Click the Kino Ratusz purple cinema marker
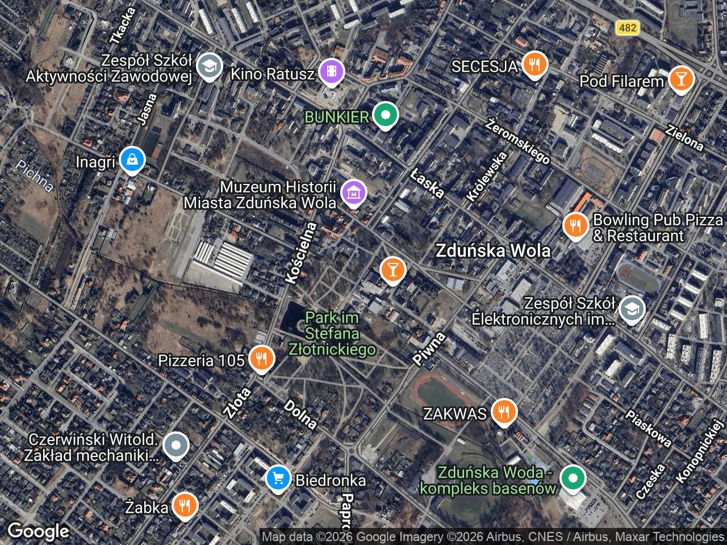pyautogui.click(x=331, y=72)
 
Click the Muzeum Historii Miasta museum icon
pyautogui.click(x=354, y=194)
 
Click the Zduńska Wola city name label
pyautogui.click(x=492, y=251)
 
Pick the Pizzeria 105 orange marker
pyautogui.click(x=261, y=358)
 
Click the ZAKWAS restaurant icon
pyautogui.click(x=503, y=412)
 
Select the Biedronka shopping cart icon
pyautogui.click(x=278, y=479)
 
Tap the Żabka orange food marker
pyautogui.click(x=184, y=505)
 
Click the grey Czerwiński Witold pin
pyautogui.click(x=176, y=446)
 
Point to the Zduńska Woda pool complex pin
pyautogui.click(x=573, y=478)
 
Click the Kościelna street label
pyautogui.click(x=301, y=253)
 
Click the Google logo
pyautogui.click(x=38, y=531)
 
